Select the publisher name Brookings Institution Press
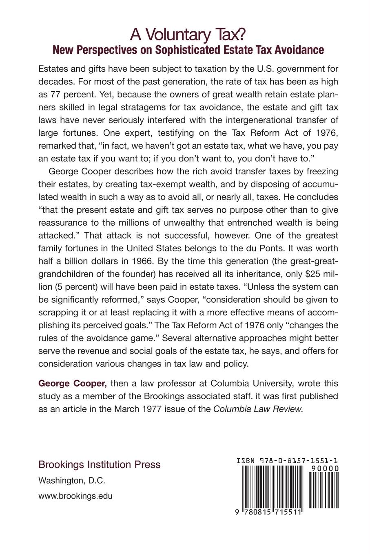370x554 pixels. (99, 465)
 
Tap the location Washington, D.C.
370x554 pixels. (71, 481)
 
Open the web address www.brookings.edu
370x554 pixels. (75, 496)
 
